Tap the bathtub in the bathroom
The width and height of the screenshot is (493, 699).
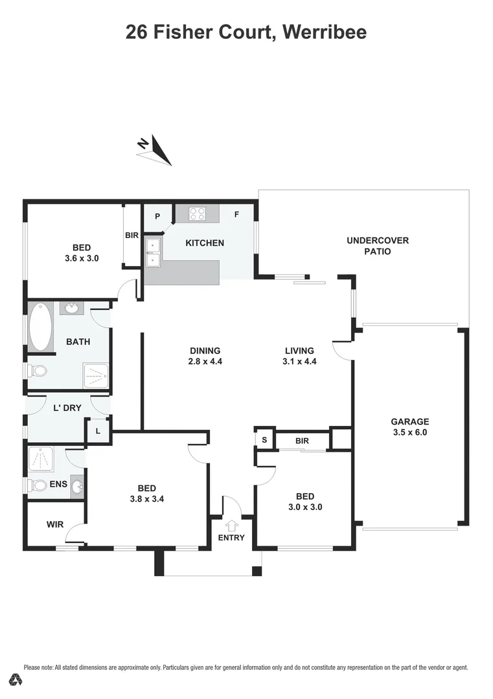pyautogui.click(x=40, y=327)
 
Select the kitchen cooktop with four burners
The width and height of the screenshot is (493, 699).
pyautogui.click(x=197, y=213)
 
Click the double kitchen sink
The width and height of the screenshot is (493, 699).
pyautogui.click(x=153, y=252)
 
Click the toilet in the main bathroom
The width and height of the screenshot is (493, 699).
pyautogui.click(x=38, y=372)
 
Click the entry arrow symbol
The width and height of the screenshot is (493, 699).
pyautogui.click(x=231, y=526)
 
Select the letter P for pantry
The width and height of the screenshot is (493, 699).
pyautogui.click(x=157, y=216)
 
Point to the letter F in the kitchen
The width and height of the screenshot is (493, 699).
pyautogui.click(x=237, y=214)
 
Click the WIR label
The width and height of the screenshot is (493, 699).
pyautogui.click(x=55, y=524)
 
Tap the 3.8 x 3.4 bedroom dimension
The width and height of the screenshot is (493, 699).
pyautogui.click(x=146, y=499)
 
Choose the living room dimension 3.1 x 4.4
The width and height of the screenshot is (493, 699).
pyautogui.click(x=299, y=362)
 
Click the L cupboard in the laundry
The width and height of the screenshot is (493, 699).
pyautogui.click(x=98, y=431)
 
